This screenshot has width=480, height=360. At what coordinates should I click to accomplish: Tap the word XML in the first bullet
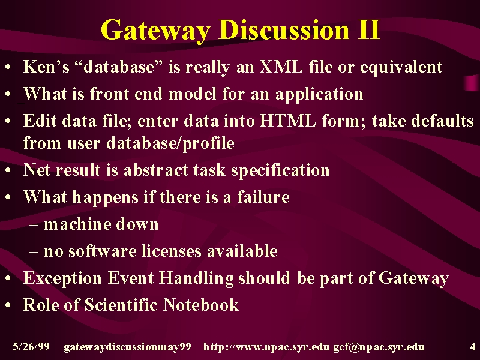(x=281, y=67)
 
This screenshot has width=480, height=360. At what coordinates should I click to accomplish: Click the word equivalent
(x=401, y=67)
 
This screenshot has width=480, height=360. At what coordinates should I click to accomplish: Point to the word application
(x=319, y=94)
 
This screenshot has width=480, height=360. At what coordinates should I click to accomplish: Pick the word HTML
(x=287, y=121)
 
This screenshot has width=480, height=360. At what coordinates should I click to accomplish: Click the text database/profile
(x=170, y=143)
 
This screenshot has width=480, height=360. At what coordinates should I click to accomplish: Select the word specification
(x=280, y=170)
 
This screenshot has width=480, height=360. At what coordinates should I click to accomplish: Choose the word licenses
(x=172, y=251)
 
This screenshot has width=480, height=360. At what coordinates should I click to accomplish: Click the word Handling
(x=196, y=278)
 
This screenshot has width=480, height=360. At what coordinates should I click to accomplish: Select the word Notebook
(x=201, y=305)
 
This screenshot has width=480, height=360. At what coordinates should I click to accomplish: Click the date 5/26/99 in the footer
(x=31, y=347)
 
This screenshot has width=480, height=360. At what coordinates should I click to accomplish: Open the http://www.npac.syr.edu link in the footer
(x=266, y=347)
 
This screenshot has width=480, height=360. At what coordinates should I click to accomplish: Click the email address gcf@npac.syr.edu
(x=379, y=347)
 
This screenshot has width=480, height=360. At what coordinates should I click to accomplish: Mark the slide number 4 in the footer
(x=472, y=347)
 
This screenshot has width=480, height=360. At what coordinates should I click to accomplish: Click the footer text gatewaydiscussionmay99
(x=127, y=347)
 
